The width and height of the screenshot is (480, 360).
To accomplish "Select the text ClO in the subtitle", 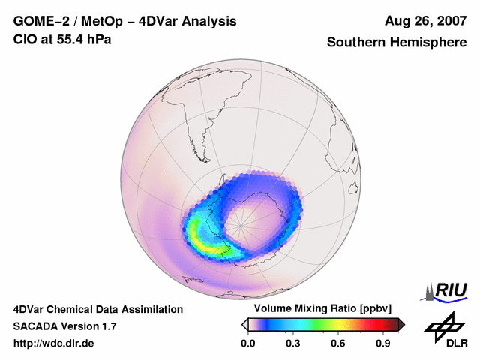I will click(x=25, y=38).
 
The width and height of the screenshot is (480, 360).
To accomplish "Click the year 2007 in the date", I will click(x=448, y=21).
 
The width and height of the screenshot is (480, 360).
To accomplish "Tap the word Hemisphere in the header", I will click(x=428, y=43).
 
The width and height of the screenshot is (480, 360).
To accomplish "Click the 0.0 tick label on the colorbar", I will click(x=247, y=343).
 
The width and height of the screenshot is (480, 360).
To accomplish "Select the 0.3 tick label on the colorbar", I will click(x=293, y=343).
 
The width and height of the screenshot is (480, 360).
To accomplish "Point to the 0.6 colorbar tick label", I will click(x=338, y=343).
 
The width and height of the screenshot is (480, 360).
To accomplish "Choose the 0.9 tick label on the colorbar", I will click(x=383, y=343).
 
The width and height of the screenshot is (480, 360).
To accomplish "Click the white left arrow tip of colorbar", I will click(x=244, y=324).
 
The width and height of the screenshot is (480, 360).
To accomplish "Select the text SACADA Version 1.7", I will click(x=64, y=326).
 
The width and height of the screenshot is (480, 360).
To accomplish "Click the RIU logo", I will click(x=445, y=290).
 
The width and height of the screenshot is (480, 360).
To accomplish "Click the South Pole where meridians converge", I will click(x=243, y=220).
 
